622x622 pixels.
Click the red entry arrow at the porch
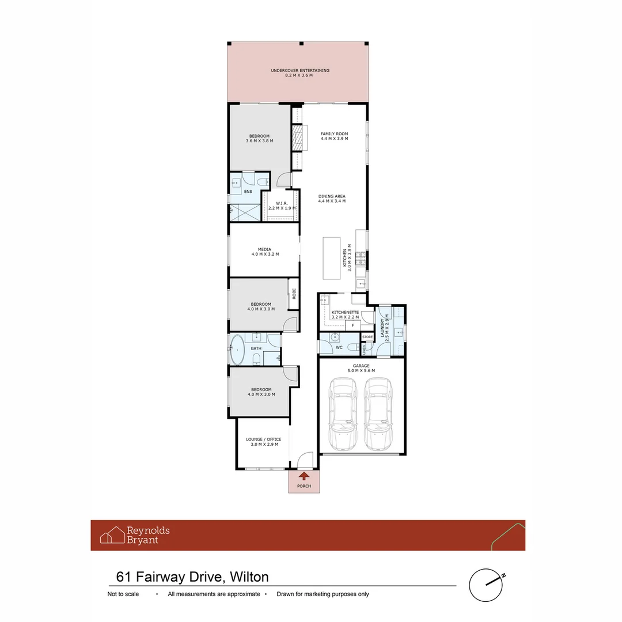(x=304, y=475)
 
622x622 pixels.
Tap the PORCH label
(x=304, y=486)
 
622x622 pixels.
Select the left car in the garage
(x=343, y=415)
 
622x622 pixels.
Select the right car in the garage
(x=378, y=415)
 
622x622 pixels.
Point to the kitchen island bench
(x=332, y=257)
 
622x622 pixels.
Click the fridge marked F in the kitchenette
(x=352, y=325)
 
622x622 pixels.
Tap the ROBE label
(x=293, y=293)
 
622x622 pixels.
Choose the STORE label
(x=367, y=337)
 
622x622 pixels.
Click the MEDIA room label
(x=264, y=249)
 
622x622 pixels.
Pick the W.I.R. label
(x=282, y=203)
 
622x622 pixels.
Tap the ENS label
(x=248, y=191)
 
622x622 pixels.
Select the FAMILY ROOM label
(x=334, y=134)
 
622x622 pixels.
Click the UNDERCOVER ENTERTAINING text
(x=300, y=70)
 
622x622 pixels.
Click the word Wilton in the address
(x=249, y=577)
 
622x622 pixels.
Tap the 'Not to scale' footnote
(x=123, y=594)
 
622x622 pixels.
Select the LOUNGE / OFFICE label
(x=264, y=439)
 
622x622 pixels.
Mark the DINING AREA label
(x=332, y=196)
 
